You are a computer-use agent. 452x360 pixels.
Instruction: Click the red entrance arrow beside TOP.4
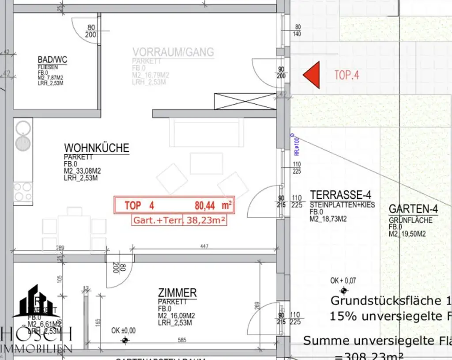click(312, 75)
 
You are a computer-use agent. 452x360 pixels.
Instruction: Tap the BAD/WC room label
click(52, 60)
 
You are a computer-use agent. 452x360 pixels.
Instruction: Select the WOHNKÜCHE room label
click(97, 148)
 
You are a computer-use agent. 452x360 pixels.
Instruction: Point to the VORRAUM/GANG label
click(173, 52)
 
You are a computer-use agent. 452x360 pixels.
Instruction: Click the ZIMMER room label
click(177, 293)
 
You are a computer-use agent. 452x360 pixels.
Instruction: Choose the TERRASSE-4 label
click(340, 195)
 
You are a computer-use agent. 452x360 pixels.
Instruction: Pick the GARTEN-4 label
click(413, 209)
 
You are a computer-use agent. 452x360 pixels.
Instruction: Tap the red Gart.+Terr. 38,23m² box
click(179, 220)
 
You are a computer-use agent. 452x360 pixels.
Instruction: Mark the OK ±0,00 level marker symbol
click(125, 340)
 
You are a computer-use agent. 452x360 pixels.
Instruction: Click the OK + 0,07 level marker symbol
click(343, 290)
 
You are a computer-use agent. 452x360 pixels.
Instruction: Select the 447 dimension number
click(203, 246)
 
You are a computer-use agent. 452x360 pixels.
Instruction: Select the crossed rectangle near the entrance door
click(245, 101)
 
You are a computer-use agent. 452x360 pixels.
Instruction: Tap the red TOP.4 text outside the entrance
click(347, 75)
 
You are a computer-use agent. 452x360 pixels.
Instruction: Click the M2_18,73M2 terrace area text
click(327, 218)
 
